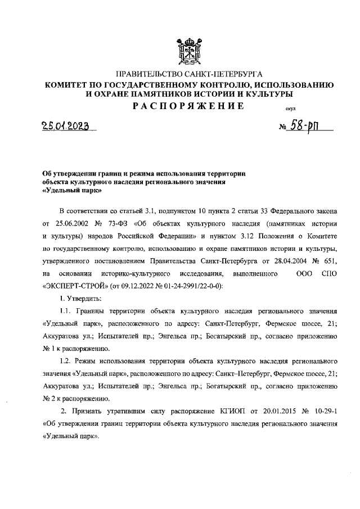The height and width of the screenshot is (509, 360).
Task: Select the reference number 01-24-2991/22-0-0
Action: [x=192, y=286]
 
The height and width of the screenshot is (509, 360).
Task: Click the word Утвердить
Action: [x=86, y=299]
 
